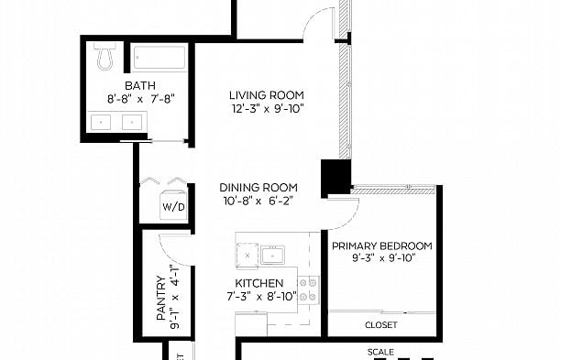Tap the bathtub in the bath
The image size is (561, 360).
(159, 59)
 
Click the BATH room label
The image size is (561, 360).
(128, 85)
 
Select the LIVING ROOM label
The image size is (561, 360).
(266, 95)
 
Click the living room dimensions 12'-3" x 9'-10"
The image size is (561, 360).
(266, 109)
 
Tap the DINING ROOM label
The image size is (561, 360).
(258, 187)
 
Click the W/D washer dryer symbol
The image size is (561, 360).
(173, 206)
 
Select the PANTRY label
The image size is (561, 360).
(160, 300)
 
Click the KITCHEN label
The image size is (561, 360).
(258, 283)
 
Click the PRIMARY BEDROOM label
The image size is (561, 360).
(381, 245)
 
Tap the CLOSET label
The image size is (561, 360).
(380, 324)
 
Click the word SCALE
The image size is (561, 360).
(380, 352)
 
